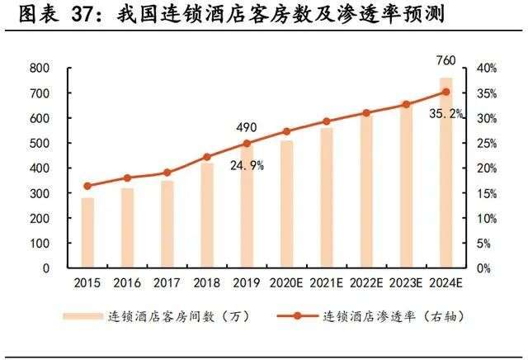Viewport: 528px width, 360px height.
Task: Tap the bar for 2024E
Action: (x=446, y=173)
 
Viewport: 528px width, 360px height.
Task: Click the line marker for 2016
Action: (x=127, y=178)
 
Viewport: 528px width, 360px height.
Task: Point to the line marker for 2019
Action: (x=247, y=144)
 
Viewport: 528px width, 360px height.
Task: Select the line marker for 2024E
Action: (x=446, y=92)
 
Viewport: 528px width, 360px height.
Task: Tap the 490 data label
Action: (x=246, y=127)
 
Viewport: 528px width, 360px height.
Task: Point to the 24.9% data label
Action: (x=247, y=165)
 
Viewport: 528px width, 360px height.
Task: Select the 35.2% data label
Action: (x=445, y=113)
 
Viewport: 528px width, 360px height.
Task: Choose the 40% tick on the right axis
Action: (x=485, y=69)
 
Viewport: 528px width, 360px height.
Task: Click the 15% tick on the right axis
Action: (x=485, y=193)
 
